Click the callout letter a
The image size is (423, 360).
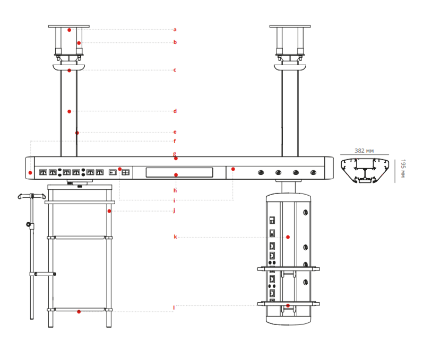tap(175, 30)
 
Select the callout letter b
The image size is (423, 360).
tap(175, 42)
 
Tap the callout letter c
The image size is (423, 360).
tap(175, 70)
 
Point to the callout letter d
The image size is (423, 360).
tap(175, 111)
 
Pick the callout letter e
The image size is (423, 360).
tap(175, 132)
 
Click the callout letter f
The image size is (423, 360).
tap(175, 141)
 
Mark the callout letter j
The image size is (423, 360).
tap(175, 210)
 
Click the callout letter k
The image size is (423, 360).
tap(175, 237)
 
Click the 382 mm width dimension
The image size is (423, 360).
tap(364, 151)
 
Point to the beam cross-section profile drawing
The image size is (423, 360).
tap(364, 170)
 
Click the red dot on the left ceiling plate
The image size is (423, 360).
tap(69, 30)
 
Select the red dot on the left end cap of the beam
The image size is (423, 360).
tap(30, 173)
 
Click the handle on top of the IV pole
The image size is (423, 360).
tap(31, 196)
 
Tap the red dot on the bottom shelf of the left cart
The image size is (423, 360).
tap(79, 312)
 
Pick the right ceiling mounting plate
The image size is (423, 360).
tap(290, 26)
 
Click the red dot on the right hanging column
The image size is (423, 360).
tap(288, 237)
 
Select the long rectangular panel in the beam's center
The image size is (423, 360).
tap(179, 172)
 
